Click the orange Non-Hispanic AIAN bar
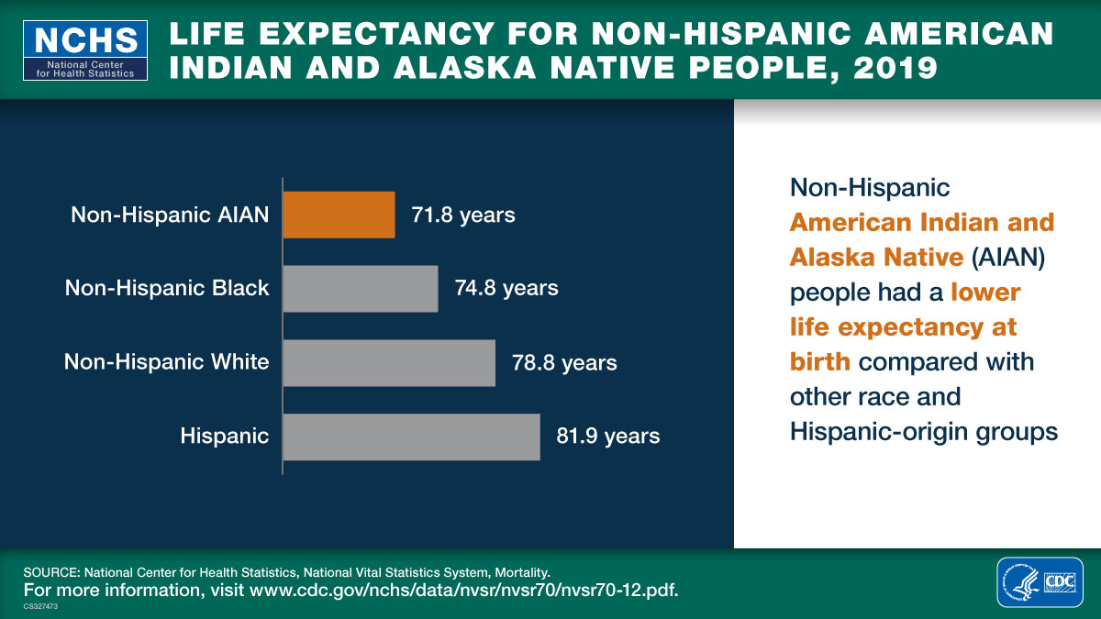339,215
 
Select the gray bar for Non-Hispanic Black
360,288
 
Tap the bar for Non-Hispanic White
389,362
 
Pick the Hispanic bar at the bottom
411,437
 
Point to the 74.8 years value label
506,288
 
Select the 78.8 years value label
564,362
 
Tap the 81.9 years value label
607,437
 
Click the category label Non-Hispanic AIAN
170,216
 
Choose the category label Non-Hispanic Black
167,288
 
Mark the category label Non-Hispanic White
166,362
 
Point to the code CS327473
41,606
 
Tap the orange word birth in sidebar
819,361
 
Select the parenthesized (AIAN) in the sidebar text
1009,258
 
